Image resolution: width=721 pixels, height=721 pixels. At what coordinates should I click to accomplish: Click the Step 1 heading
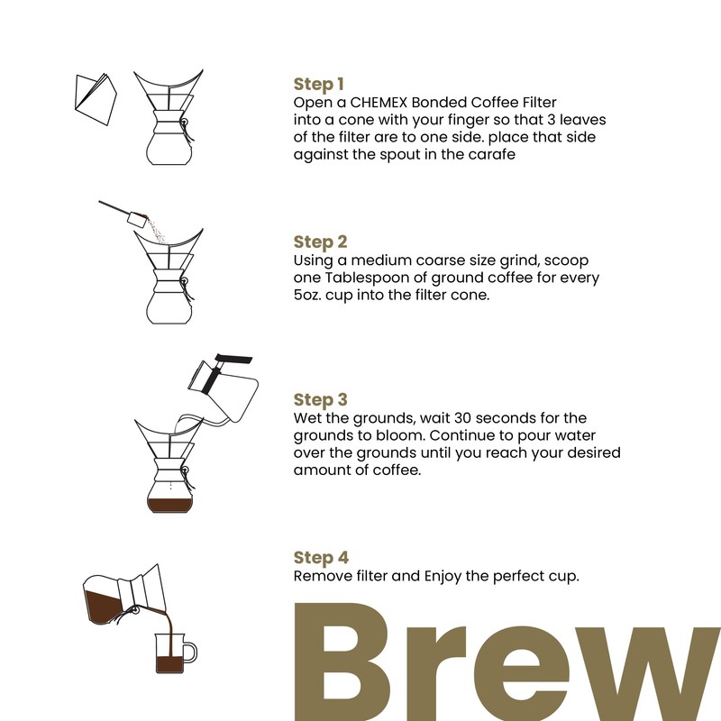coord(319,85)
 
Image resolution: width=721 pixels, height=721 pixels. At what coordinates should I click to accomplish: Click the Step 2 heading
coord(320,242)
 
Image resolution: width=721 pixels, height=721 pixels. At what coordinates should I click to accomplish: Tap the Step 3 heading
coord(320,400)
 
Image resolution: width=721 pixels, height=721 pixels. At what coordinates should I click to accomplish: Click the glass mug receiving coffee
coord(169,651)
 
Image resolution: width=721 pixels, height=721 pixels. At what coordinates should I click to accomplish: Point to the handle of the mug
coord(191,651)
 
